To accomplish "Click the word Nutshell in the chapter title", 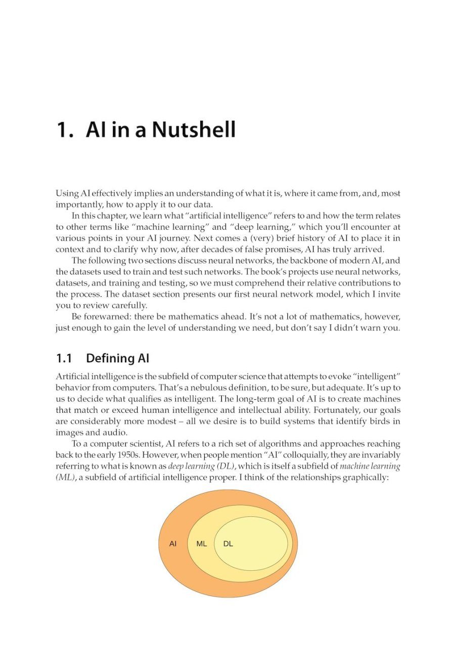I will coord(194,130).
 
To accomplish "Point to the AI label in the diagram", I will coord(172,544).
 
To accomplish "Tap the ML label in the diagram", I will coord(201,544).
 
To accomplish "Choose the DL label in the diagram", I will coord(228,544).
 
